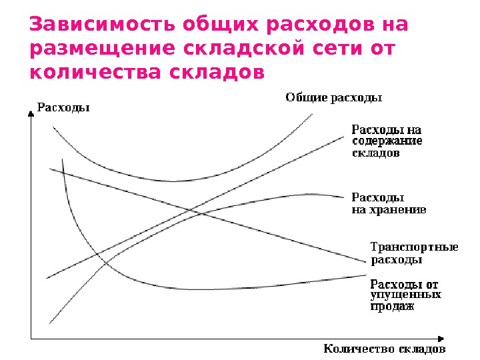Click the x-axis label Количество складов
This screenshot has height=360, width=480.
(x=384, y=349)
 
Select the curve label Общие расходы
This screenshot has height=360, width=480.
(x=333, y=98)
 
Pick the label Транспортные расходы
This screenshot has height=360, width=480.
(x=413, y=253)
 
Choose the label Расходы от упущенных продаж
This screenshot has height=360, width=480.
(x=405, y=295)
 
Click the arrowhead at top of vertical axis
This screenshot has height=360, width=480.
(x=30, y=115)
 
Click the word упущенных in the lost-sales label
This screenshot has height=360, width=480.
(x=405, y=295)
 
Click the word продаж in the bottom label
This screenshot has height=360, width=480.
(x=392, y=307)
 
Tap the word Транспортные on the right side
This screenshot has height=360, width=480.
(x=413, y=247)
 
